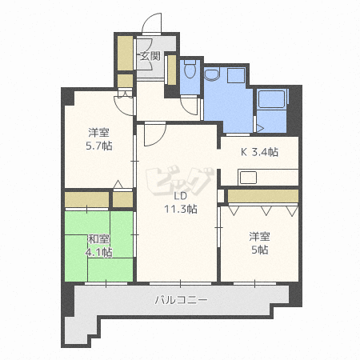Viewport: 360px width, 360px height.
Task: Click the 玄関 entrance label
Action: [150, 56]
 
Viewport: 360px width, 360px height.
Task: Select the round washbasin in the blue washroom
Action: [211, 76]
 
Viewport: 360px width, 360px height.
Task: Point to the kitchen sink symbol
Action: [249, 176]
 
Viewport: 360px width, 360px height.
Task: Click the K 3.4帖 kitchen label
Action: [259, 151]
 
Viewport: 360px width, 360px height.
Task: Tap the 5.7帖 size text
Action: [99, 147]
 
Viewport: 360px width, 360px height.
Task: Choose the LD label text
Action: [181, 196]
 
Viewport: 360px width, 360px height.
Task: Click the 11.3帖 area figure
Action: [181, 210]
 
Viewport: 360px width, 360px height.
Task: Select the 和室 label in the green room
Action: [99, 238]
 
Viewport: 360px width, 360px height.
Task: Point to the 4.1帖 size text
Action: [99, 252]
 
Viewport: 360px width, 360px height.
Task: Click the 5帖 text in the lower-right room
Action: [258, 250]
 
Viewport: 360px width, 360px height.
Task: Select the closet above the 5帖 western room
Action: [262, 195]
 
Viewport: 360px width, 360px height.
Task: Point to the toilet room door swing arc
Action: [190, 106]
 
